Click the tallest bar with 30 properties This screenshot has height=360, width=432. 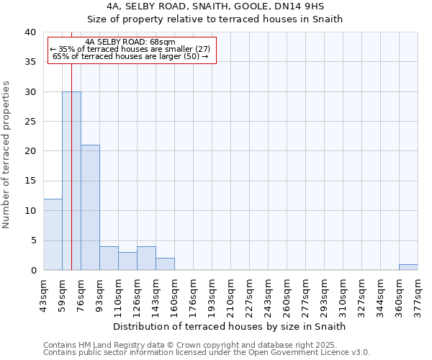point(71,181)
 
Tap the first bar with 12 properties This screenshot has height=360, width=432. point(53,234)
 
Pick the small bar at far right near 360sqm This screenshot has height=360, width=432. point(408,267)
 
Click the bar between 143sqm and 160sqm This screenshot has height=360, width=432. point(165,264)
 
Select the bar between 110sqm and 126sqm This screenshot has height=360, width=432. point(127,261)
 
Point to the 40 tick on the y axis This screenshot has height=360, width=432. point(31,32)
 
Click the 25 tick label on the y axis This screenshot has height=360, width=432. point(31,122)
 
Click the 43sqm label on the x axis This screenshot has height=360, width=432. point(44,294)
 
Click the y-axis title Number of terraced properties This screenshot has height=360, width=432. point(7,154)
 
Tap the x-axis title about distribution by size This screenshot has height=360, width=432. point(230,326)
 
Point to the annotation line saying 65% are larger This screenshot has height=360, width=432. point(131,56)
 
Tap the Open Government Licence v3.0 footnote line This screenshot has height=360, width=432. point(207,352)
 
